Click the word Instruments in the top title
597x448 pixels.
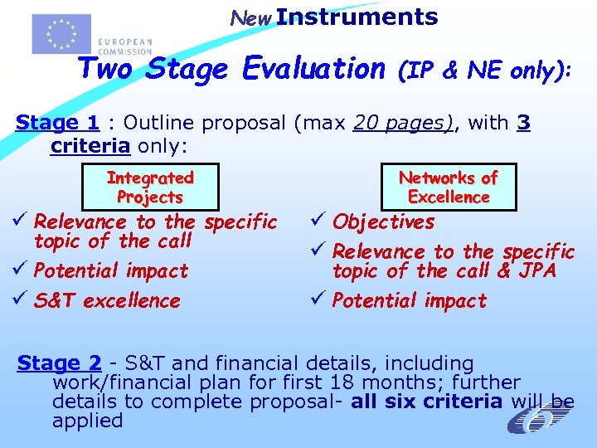click(x=357, y=17)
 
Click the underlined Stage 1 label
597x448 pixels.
click(x=58, y=124)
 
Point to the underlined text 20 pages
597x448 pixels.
click(x=403, y=124)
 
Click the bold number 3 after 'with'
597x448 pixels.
click(x=523, y=124)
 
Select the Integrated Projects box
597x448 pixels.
click(x=150, y=187)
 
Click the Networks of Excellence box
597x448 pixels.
click(x=448, y=187)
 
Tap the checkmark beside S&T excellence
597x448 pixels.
click(x=22, y=300)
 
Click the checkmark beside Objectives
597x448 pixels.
click(x=320, y=222)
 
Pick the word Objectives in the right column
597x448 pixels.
click(x=383, y=222)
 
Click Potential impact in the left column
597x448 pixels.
click(x=111, y=270)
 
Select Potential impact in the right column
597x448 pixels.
click(x=410, y=300)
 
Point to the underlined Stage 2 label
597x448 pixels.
click(x=60, y=363)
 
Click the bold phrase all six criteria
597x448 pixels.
click(x=426, y=402)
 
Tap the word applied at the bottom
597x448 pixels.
click(x=87, y=421)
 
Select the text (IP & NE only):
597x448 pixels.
click(x=484, y=71)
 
